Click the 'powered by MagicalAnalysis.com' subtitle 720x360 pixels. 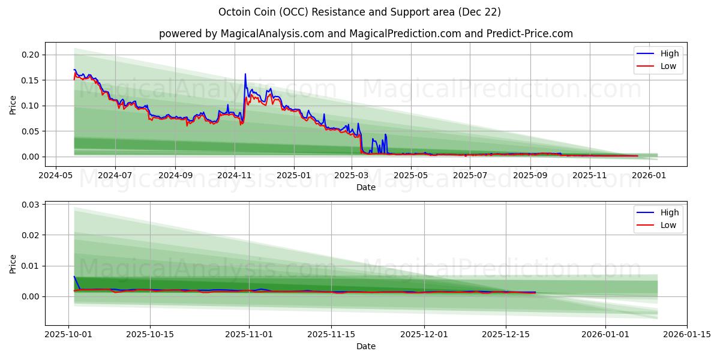coord(365,34)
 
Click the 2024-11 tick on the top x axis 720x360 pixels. coord(234,175)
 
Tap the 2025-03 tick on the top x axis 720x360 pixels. coord(352,175)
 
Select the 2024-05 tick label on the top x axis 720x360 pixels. coord(56,175)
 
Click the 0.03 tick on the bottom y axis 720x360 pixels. coord(31,205)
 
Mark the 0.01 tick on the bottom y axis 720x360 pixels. coord(31,266)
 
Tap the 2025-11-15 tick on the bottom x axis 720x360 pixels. coord(331,334)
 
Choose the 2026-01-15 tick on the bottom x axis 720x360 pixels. coord(687,334)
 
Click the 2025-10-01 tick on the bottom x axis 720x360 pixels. coord(68,334)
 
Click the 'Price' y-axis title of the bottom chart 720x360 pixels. coord(13,263)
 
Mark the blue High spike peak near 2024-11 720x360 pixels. coord(245,74)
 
